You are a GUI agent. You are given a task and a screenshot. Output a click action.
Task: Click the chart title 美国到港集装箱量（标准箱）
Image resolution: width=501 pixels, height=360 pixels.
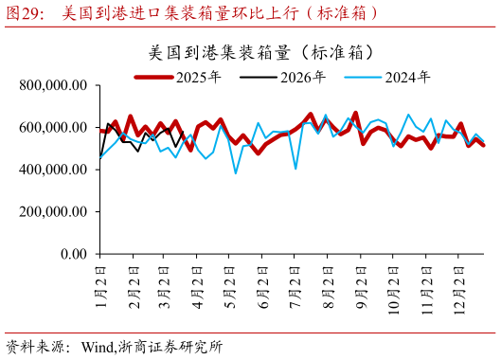point(260,51)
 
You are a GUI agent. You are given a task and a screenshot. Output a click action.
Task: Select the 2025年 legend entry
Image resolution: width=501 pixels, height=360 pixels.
point(199,78)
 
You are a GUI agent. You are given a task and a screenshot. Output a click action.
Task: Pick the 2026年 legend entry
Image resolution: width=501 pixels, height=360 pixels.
point(303,78)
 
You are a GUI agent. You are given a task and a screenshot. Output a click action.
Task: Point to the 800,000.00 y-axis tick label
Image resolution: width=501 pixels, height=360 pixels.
point(53,85)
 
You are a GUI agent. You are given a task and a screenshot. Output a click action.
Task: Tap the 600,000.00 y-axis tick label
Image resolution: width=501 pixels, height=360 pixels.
point(53,127)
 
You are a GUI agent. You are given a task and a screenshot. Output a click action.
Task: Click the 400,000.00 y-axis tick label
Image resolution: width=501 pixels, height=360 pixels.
point(53,170)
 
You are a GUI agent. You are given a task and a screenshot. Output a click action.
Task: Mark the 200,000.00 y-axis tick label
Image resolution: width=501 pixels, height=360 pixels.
point(53,212)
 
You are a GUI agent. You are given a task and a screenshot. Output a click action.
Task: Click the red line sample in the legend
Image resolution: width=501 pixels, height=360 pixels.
point(153,78)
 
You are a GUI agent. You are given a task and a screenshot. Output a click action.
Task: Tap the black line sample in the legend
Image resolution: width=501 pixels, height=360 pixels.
point(259,78)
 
